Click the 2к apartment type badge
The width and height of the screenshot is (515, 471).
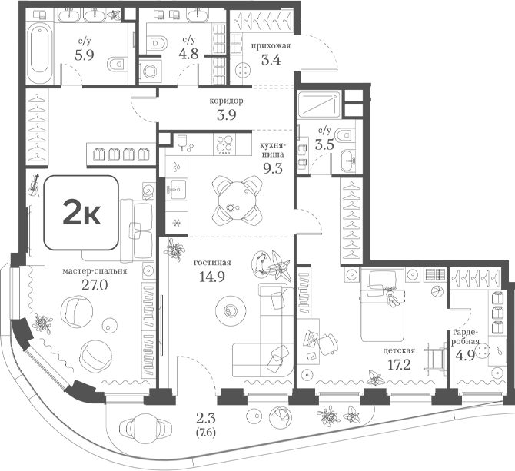81,212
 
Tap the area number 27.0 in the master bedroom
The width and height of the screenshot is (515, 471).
95,286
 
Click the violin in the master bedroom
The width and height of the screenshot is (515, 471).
34,185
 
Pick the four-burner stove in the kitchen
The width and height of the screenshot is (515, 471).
224,144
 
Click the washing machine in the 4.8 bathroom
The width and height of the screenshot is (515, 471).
150,71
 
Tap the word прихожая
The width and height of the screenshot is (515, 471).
271,45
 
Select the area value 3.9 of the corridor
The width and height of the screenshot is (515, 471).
227,115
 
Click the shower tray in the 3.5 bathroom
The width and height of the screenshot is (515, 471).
319,104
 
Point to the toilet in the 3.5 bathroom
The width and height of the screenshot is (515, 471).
344,134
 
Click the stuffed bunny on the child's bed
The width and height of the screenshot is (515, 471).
391,297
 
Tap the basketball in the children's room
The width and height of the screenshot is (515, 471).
437,292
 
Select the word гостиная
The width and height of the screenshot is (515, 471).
212,263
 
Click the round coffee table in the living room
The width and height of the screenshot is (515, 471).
231,310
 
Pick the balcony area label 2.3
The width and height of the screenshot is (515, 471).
205,419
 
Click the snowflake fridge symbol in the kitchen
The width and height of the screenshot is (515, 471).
177,223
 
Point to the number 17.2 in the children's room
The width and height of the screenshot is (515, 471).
399,365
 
